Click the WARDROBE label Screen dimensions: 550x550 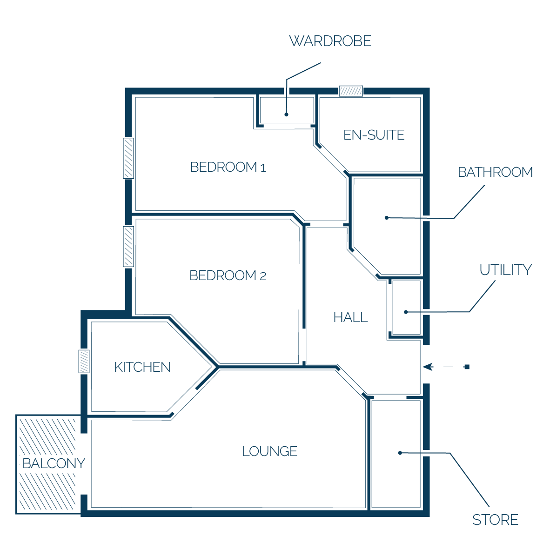pos(330,41)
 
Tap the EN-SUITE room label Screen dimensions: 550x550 pos(374,135)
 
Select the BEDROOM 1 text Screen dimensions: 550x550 pos(228,167)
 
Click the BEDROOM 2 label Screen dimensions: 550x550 pos(228,275)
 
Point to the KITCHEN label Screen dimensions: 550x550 pos(142,367)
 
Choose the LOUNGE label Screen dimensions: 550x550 pos(270,451)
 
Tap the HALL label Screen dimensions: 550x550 pos(350,317)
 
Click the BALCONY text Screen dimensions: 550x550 pos(54,463)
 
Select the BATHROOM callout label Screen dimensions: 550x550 pos(495,172)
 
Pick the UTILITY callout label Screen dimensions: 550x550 pos(505,270)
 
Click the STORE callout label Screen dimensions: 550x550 pos(495,520)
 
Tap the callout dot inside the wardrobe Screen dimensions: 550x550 pos(287,114)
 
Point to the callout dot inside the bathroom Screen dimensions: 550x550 pos(387,218)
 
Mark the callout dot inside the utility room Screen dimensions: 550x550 pos(406,312)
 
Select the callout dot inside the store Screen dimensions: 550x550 pos(400,453)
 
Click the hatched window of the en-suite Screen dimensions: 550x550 pos(351,91)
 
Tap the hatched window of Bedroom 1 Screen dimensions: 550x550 pos(128,158)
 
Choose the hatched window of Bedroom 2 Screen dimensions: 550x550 pos(128,247)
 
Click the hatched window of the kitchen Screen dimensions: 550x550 pos(84,361)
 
